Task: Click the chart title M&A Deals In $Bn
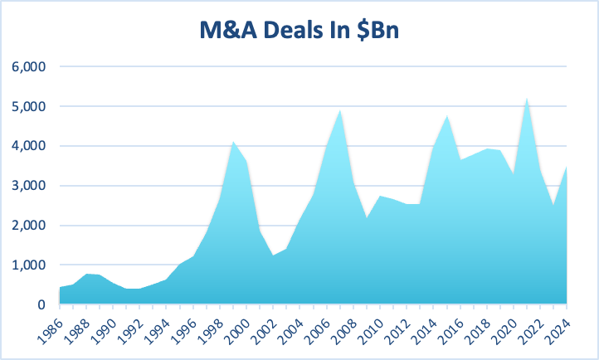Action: point(299,32)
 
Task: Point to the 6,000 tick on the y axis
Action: point(27,66)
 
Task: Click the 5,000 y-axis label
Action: point(27,106)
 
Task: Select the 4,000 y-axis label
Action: point(27,146)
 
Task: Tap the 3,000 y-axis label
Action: point(27,186)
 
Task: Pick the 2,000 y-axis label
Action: point(27,226)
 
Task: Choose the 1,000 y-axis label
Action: point(27,265)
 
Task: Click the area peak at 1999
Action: point(233,143)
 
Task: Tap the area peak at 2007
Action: point(340,110)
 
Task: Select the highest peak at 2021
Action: point(527,99)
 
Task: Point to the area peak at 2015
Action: point(447,116)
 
